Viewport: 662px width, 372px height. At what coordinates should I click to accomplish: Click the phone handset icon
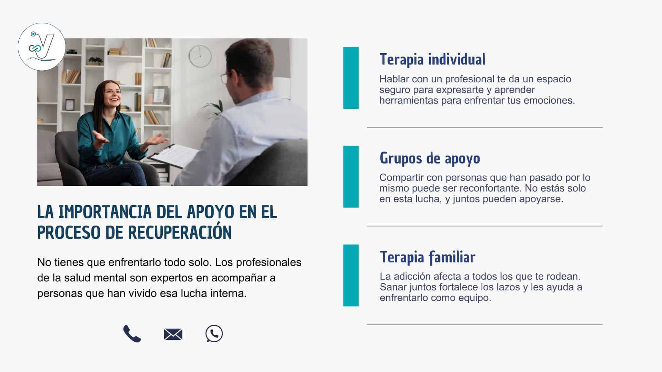[132, 334]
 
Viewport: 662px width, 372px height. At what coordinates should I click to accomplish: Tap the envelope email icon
[173, 334]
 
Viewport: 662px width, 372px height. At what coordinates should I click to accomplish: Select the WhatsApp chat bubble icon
[214, 333]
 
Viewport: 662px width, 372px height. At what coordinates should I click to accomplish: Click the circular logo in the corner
[42, 47]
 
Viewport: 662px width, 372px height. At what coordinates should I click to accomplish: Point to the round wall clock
[200, 56]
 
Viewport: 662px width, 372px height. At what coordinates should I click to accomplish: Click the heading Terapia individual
[432, 60]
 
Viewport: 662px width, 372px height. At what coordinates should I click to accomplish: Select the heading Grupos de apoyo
[430, 158]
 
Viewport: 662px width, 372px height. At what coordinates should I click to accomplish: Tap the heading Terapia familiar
[428, 257]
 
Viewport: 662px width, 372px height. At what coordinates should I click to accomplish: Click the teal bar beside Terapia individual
[351, 78]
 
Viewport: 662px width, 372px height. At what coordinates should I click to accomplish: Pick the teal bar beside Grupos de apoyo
[351, 177]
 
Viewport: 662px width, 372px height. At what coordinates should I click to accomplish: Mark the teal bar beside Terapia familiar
[351, 275]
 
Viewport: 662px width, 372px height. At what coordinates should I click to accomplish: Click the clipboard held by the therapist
[173, 156]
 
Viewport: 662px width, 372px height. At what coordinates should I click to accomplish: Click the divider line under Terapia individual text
[485, 127]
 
